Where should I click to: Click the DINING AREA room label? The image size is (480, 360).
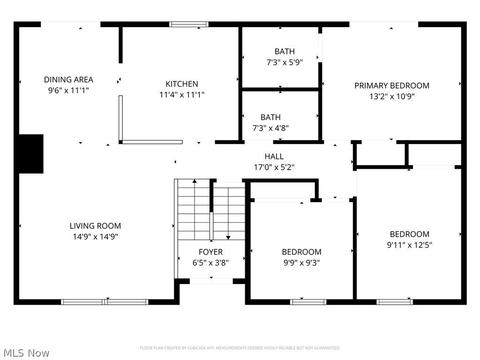pos(68,80)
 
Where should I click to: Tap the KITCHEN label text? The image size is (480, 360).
pos(182,84)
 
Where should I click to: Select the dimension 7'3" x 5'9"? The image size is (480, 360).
pos(285,62)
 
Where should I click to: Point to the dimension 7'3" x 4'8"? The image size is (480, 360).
pos(271,127)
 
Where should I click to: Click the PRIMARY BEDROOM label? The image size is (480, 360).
pos(391,86)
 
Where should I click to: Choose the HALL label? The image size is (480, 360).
pos(274,157)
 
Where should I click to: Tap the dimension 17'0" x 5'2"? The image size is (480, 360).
pos(274,167)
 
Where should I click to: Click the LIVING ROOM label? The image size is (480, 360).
pos(95,226)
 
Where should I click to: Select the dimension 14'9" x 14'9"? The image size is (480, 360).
pos(95,237)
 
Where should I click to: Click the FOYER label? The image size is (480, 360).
pos(210,252)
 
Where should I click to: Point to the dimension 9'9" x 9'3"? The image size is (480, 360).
pos(301,263)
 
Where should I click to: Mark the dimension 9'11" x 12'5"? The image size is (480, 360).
pos(409,245)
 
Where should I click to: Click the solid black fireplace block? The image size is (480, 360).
pos(31,154)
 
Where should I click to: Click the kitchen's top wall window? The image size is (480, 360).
pos(188,24)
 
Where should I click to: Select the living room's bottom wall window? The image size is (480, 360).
pos(105,302)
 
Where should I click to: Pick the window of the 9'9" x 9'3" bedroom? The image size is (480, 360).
pos(308,302)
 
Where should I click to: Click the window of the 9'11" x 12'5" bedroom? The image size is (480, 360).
pos(395,302)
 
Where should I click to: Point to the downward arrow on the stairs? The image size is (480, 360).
pos(228,237)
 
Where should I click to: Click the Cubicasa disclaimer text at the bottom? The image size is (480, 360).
pos(240,348)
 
